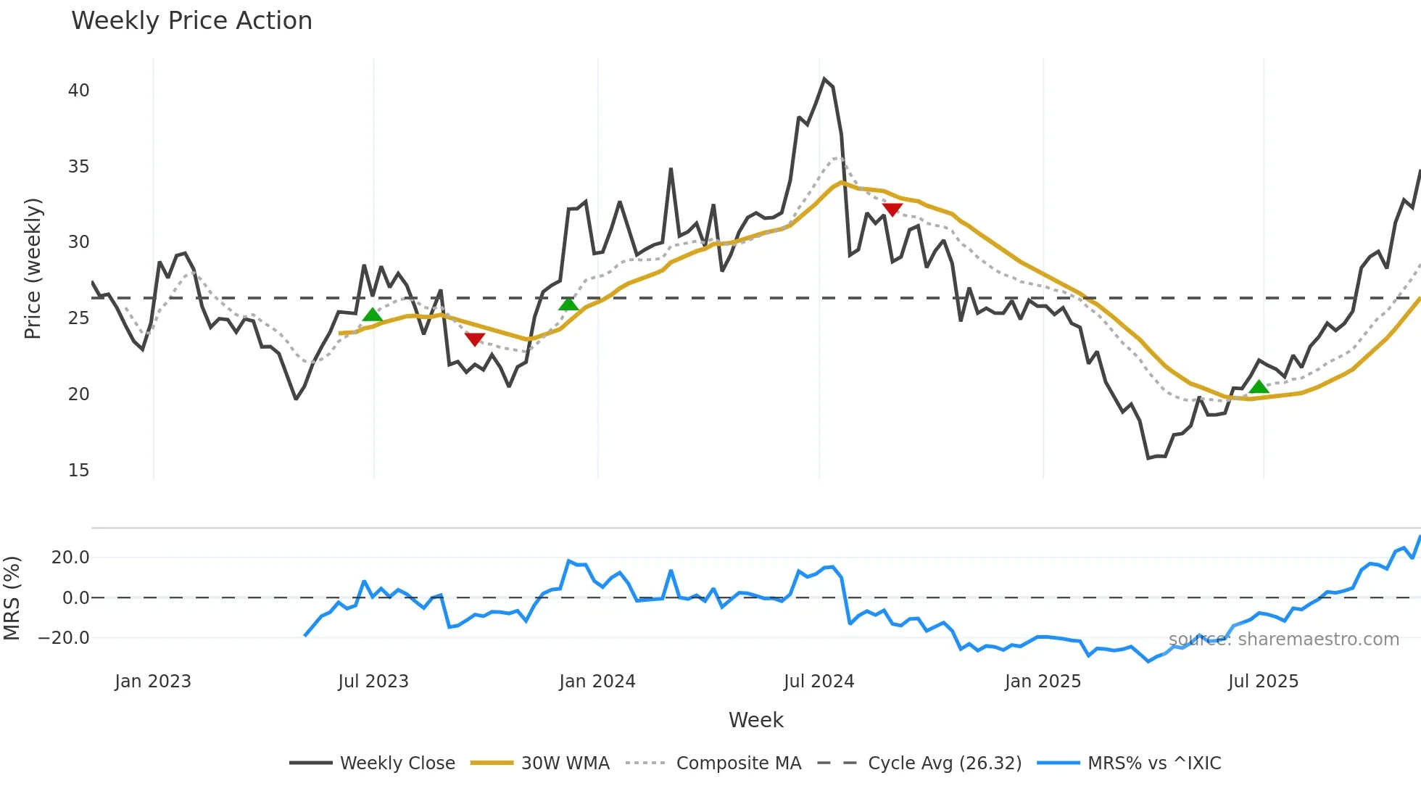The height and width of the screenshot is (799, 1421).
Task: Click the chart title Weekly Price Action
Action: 191,21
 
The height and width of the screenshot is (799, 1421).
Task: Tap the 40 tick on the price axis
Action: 78,91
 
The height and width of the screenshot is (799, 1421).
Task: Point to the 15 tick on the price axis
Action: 78,471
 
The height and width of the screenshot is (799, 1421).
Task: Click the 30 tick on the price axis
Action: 78,242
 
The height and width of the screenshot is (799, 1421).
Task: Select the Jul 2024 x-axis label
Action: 819,682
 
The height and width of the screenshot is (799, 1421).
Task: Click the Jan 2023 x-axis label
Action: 153,682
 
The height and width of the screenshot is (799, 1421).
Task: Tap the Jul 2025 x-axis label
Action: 1263,682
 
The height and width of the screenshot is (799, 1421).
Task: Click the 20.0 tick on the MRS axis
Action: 70,558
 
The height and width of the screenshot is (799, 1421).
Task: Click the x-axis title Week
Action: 755,720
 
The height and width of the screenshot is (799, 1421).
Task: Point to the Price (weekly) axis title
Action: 33,268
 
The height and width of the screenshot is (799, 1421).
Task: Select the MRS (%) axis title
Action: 12,598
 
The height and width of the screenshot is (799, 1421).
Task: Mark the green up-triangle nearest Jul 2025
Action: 1259,387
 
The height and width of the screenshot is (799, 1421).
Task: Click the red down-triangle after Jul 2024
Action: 892,210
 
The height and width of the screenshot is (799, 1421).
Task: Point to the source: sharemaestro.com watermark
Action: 1283,639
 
